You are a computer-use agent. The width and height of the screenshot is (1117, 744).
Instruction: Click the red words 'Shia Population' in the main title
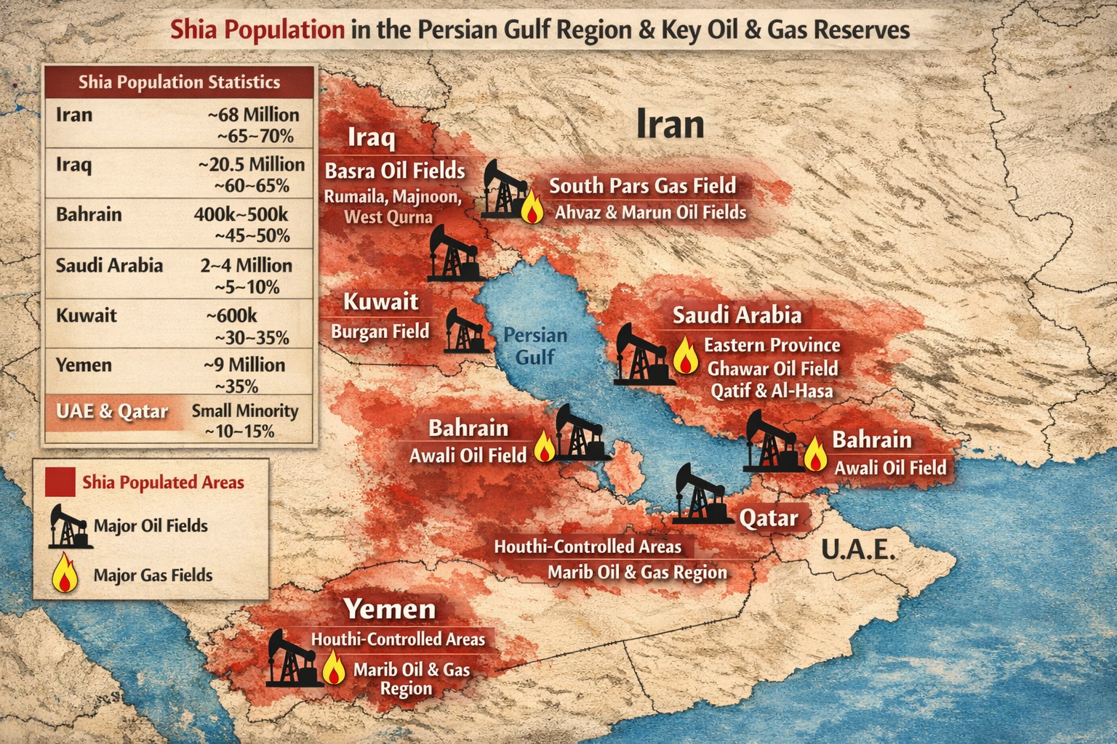[x=257, y=30]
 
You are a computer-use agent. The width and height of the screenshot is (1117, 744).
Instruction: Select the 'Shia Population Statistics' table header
[x=179, y=82]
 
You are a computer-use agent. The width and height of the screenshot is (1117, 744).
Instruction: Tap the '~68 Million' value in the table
[x=253, y=115]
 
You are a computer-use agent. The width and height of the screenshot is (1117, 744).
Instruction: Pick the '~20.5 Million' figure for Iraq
[x=251, y=165]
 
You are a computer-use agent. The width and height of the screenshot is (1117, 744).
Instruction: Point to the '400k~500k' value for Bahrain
[x=241, y=215]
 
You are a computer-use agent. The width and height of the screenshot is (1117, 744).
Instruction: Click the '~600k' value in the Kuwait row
[x=231, y=315]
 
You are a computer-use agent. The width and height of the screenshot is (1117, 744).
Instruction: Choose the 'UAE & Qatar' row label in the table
[x=112, y=411]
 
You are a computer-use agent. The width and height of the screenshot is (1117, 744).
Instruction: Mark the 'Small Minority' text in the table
[x=245, y=411]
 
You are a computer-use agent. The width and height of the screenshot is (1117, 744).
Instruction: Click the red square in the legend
[x=60, y=482]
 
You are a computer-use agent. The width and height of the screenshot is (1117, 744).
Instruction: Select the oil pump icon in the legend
[x=70, y=526]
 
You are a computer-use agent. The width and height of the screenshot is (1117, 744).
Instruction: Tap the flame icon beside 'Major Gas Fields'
[x=65, y=573]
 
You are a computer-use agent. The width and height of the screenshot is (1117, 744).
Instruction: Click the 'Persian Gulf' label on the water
[x=535, y=346]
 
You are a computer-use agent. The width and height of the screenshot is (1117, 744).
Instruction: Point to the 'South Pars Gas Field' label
[x=642, y=186]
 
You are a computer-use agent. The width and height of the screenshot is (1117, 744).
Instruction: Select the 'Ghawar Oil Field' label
[x=772, y=368]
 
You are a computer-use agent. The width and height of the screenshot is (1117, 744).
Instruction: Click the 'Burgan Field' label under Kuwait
[x=380, y=331]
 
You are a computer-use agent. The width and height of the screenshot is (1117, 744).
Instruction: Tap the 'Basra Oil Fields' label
[x=394, y=171]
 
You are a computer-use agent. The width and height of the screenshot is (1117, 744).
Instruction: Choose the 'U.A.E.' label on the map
[x=858, y=550]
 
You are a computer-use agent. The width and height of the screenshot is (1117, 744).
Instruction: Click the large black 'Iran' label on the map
[x=670, y=124]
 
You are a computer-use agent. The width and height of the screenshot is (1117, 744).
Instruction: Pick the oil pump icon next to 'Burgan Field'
[x=463, y=331]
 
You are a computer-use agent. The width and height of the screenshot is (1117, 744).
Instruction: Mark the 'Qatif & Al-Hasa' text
[x=772, y=391]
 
